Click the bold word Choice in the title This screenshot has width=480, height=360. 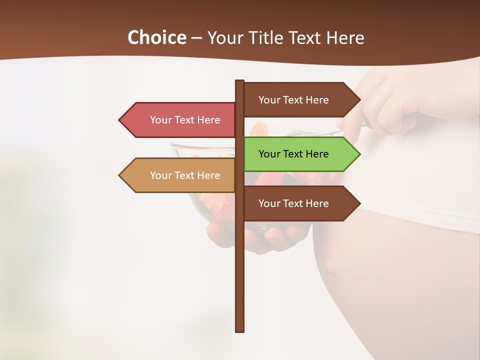156,37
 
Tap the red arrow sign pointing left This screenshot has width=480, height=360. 180,120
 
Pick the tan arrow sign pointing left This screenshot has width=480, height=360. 180,175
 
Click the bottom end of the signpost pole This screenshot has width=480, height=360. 240,330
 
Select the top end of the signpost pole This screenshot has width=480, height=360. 240,81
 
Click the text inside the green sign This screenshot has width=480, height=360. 293,154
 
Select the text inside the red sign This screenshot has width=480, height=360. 185,120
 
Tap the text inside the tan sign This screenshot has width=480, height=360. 185,175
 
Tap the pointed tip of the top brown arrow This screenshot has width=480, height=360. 359,99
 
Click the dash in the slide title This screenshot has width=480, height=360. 196,38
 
